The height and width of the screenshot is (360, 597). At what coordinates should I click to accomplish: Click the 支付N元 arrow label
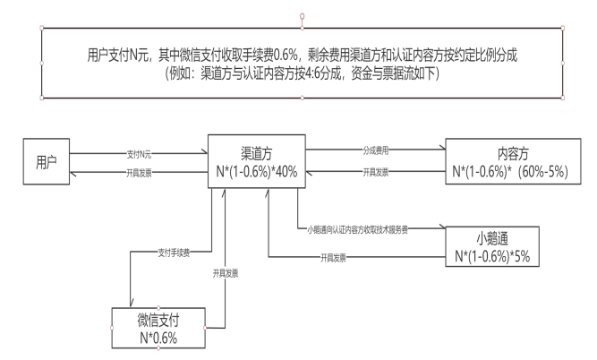pyautogui.click(x=141, y=154)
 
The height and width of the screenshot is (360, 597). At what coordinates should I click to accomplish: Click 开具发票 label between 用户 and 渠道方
pyautogui.click(x=141, y=172)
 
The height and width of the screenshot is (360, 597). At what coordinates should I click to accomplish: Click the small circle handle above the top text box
pyautogui.click(x=302, y=16)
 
